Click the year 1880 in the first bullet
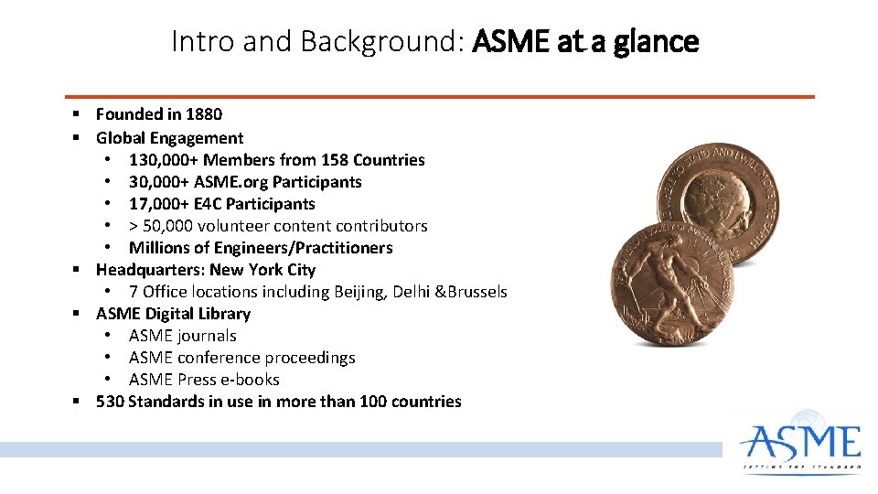203,114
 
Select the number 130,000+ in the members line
164,160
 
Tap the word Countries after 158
390,160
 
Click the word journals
209,336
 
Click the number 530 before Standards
111,402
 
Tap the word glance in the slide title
656,41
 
